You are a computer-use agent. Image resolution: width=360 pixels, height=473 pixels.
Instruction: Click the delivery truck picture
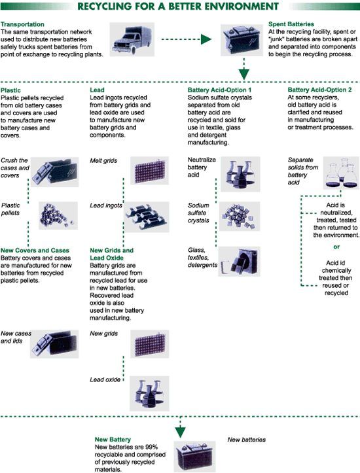pos(132,39)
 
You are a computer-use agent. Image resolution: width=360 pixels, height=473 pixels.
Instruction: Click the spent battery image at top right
pos(242,40)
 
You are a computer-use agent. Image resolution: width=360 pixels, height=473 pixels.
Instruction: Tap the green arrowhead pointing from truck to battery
pos(206,39)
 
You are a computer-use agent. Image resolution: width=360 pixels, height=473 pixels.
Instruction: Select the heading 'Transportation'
pos(22,24)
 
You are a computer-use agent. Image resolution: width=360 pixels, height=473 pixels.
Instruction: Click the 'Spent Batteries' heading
pos(291,24)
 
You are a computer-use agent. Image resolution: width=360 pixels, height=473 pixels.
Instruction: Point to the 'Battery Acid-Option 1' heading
pos(219,90)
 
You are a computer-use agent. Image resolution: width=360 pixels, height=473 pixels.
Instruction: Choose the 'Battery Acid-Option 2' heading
pos(319,90)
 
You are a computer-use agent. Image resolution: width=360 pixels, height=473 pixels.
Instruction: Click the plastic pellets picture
pos(58,215)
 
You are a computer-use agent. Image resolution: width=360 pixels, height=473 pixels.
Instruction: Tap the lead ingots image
pos(147,217)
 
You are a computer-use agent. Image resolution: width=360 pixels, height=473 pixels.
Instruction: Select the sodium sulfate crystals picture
pos(240,217)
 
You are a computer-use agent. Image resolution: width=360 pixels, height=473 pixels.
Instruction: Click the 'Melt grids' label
pos(103,160)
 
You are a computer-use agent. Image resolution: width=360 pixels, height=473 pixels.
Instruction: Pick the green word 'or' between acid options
pos(336,247)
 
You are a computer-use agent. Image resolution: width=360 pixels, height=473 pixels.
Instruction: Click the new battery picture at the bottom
pos(194,457)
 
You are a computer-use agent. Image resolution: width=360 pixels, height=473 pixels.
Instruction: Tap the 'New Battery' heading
pos(113,440)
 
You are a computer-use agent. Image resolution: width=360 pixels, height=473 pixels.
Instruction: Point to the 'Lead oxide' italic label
pos(105,379)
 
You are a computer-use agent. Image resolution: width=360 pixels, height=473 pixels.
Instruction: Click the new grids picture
pos(150,343)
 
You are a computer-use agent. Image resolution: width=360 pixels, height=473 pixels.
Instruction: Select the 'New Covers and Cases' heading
pos(35,251)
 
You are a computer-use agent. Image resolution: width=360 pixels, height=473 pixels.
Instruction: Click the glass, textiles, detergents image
pos(240,261)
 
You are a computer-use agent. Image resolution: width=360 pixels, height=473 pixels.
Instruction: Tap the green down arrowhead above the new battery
pos(180,432)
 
